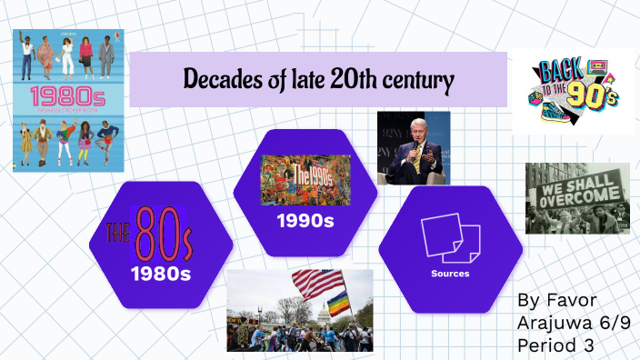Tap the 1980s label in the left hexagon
pos(160,273)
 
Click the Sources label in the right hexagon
pos(450,272)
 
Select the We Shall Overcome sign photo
pos(577,197)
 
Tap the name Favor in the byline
pos(566,299)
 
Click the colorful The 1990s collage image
pos(305,179)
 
